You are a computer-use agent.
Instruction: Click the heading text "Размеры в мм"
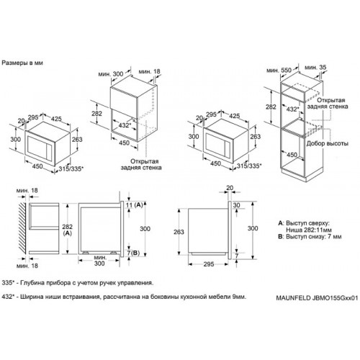22,63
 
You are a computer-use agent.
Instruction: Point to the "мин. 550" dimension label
279,71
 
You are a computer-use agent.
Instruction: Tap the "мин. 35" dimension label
315,68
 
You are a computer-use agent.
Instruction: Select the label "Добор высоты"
328,143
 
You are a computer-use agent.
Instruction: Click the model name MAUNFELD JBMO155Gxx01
317,298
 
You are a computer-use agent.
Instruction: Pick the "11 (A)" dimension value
135,205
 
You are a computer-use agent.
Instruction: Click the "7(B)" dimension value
133,253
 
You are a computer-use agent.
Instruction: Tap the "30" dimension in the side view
236,205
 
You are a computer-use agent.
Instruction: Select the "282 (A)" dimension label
67,230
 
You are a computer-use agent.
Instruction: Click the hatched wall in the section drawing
22,228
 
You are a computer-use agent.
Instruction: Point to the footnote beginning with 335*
78,283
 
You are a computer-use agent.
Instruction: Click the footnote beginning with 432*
124,297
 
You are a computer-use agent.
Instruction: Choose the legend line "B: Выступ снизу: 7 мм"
310,237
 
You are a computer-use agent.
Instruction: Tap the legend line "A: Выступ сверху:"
304,223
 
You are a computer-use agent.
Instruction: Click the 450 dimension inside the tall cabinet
292,155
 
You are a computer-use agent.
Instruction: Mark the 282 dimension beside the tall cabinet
271,107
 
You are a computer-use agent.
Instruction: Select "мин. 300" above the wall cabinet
111,74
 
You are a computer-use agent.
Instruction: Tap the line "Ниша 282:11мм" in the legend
309,230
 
